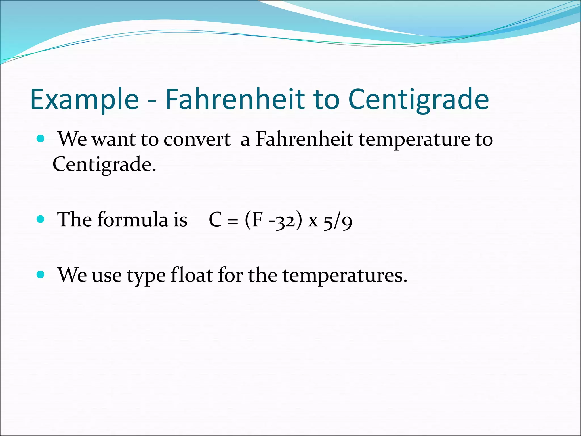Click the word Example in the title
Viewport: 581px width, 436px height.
[85, 99]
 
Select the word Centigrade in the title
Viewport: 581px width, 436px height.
[418, 99]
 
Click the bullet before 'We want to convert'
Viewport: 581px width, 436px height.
[41, 139]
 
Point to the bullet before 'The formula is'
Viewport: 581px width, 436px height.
[41, 219]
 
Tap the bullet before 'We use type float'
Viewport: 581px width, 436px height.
[41, 274]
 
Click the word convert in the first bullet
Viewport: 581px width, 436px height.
[197, 140]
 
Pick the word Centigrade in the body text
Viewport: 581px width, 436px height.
[104, 164]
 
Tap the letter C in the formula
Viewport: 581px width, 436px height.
[215, 220]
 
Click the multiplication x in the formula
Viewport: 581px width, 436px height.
[313, 221]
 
